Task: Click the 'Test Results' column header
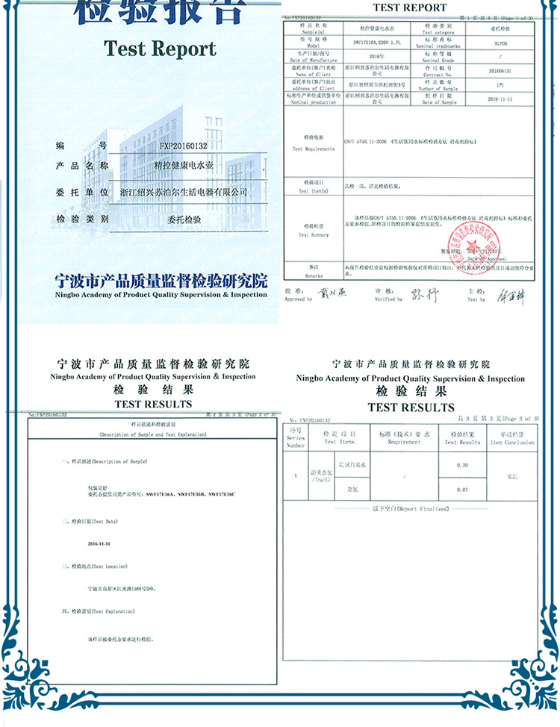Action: (462, 438)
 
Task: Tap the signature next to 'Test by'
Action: (511, 296)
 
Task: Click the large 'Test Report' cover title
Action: (160, 49)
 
